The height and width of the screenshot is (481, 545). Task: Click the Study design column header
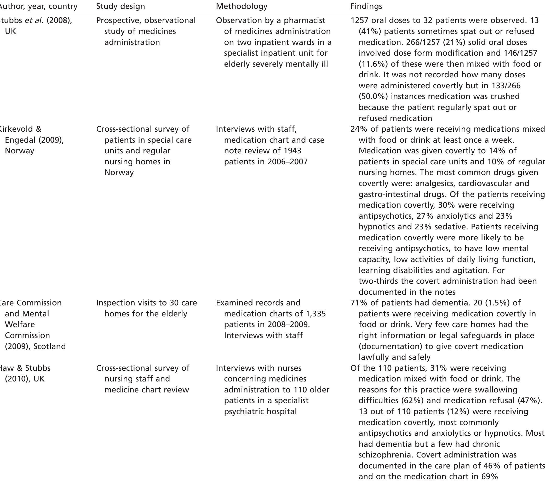(121, 6)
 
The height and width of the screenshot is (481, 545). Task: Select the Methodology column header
(242, 6)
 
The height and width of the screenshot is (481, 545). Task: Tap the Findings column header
(366, 6)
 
